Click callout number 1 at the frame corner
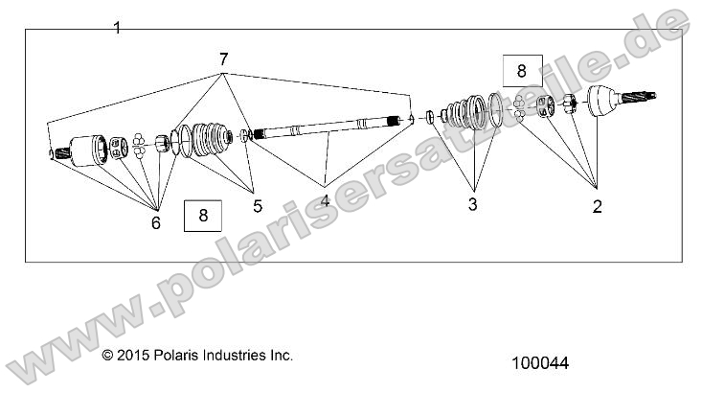[117, 28]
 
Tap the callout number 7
[223, 59]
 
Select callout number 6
[155, 222]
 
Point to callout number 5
[257, 205]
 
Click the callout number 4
[325, 201]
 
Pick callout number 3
[472, 204]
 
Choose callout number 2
[597, 205]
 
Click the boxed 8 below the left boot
[203, 215]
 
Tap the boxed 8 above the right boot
[521, 71]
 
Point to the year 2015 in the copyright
[130, 356]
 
